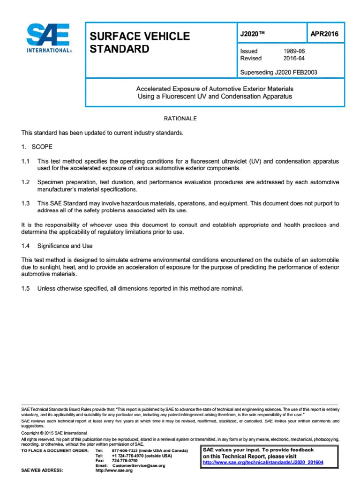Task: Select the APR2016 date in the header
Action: [x=324, y=34]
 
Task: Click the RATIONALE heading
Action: [x=180, y=119]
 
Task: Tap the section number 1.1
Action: [x=26, y=161]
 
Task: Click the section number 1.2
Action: [x=26, y=182]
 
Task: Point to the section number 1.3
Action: [x=26, y=203]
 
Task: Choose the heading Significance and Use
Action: [x=65, y=246]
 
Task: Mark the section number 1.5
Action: [x=26, y=288]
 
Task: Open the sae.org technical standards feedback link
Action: [x=262, y=463]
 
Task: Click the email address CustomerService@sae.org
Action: [x=139, y=465]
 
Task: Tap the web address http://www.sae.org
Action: [x=114, y=471]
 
